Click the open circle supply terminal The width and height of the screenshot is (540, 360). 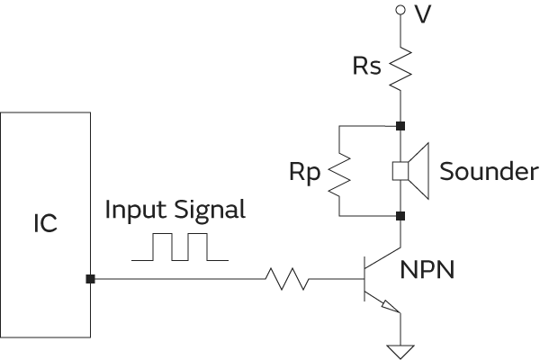coord(400,11)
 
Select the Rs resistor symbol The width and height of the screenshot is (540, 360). coord(400,68)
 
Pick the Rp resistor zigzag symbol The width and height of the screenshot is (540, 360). coord(339,171)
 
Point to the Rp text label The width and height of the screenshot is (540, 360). coord(305,172)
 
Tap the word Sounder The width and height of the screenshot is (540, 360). coord(489,172)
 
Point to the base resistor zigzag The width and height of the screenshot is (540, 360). coord(287,280)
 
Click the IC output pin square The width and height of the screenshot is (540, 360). coord(90,280)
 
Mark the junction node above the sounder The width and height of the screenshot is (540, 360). coord(400,125)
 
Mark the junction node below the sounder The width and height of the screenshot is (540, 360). coord(400,217)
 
